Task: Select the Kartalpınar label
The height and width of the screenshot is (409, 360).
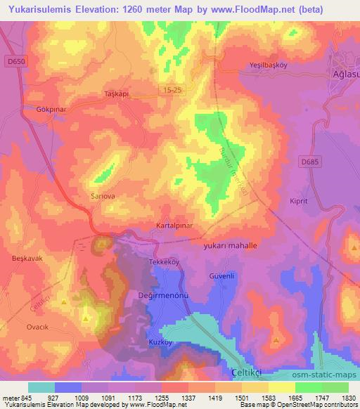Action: [174, 226]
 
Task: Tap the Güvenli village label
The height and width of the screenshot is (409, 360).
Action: [221, 276]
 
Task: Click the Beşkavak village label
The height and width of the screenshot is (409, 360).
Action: [27, 259]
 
